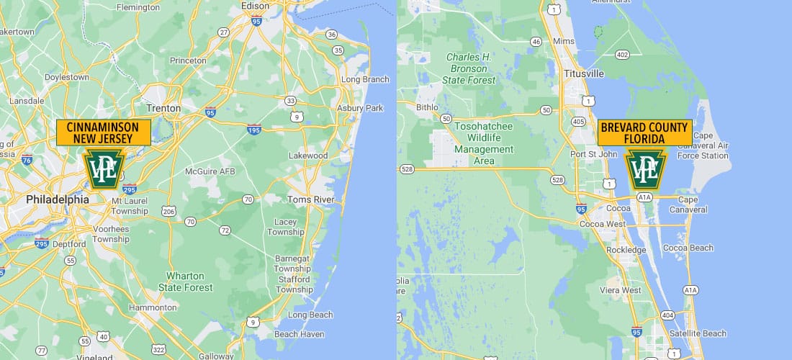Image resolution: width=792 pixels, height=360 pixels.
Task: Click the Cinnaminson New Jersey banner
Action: click(x=104, y=132)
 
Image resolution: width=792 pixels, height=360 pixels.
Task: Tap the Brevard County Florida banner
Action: click(x=644, y=132)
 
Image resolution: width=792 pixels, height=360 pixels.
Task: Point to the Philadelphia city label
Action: click(x=57, y=199)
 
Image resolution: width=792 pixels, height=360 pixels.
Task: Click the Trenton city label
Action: click(x=163, y=108)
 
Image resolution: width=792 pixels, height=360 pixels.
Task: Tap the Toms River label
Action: click(x=312, y=199)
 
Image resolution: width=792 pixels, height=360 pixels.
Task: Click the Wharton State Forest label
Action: click(x=186, y=282)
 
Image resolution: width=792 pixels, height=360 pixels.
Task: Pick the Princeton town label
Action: click(x=188, y=60)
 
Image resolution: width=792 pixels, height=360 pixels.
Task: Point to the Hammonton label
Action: click(x=152, y=307)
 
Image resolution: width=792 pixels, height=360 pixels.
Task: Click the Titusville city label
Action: click(x=583, y=73)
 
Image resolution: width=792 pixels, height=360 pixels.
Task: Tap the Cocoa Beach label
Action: click(x=688, y=248)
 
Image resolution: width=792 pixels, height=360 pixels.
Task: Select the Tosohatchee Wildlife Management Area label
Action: click(x=484, y=143)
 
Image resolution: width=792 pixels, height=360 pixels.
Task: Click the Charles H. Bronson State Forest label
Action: click(x=469, y=68)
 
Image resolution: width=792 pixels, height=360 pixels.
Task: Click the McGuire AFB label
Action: click(x=210, y=171)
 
